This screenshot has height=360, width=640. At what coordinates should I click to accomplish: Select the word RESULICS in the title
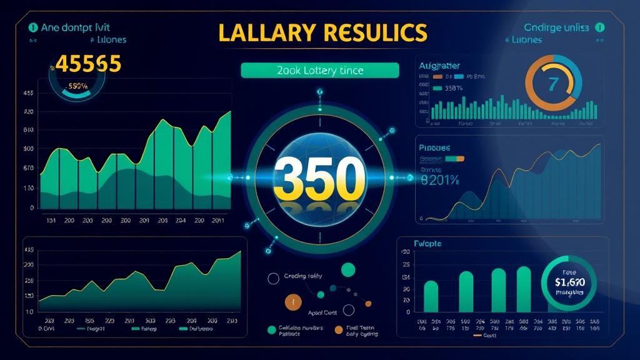point(372,32)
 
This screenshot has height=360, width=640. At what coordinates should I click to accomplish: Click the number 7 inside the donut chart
point(552,84)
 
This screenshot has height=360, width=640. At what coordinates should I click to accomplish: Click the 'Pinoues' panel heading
point(434,148)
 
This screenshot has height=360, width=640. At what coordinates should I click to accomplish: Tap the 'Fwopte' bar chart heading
point(427,244)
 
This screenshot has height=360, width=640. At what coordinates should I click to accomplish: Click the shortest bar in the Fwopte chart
point(431,296)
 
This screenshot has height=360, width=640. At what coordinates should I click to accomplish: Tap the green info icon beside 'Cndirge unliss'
point(601,27)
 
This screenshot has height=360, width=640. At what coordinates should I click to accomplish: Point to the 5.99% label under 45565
point(77,86)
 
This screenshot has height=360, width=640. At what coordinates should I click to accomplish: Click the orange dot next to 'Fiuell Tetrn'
point(339,329)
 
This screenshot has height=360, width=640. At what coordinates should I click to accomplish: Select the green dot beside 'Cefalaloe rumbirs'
point(272,329)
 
